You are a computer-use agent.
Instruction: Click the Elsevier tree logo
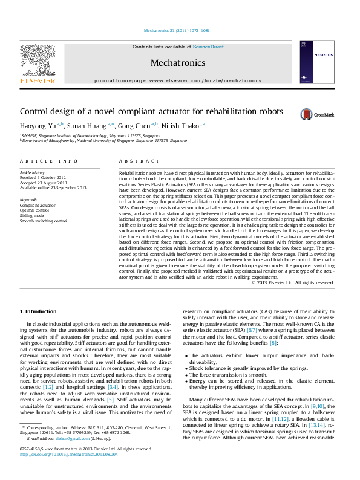click(38, 62)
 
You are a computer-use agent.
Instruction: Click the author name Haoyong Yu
click(41, 125)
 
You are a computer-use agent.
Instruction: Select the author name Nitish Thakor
click(184, 125)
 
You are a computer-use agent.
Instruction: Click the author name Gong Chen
click(137, 125)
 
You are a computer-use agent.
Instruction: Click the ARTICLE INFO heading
click(49, 161)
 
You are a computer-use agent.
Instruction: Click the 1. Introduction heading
click(39, 311)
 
